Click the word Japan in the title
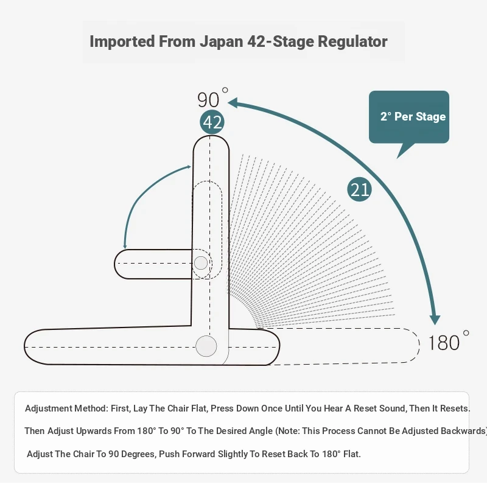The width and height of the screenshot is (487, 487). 221,42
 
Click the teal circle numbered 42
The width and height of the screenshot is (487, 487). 212,122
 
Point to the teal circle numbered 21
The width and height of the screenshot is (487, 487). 359,189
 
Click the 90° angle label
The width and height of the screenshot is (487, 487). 212,98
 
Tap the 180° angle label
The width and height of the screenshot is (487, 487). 448,341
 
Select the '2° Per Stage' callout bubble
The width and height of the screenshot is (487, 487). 409,117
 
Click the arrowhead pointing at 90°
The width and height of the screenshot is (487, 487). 233,103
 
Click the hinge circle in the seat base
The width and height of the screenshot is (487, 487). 206,346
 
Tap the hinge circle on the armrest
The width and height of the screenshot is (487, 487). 201,263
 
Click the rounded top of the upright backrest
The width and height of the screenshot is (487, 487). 211,136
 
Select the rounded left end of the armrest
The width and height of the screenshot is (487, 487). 115,264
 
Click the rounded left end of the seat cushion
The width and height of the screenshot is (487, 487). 25,346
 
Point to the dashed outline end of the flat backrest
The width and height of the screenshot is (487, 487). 419,345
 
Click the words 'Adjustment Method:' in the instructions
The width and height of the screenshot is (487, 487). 67,408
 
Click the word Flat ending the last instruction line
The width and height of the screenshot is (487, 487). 352,454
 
